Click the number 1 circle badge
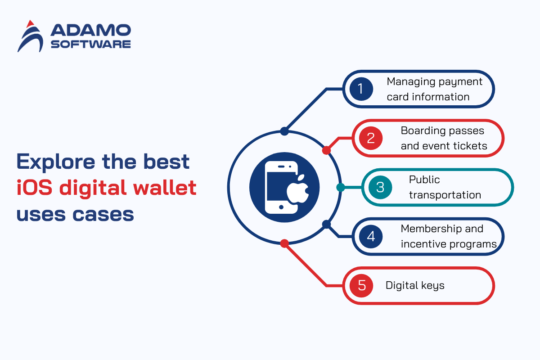click(361, 89)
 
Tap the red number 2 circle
click(371, 138)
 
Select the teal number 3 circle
click(380, 187)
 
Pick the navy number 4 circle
click(371, 237)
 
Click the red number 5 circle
click(361, 286)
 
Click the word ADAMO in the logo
click(90, 30)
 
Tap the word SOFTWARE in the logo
click(90, 45)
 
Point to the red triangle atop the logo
click(30, 24)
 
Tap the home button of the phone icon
click(281, 207)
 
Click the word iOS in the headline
click(34, 188)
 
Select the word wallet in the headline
click(165, 187)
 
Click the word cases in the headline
click(103, 214)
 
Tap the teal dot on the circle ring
click(340, 187)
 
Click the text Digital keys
click(415, 285)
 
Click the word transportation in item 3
click(445, 195)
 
